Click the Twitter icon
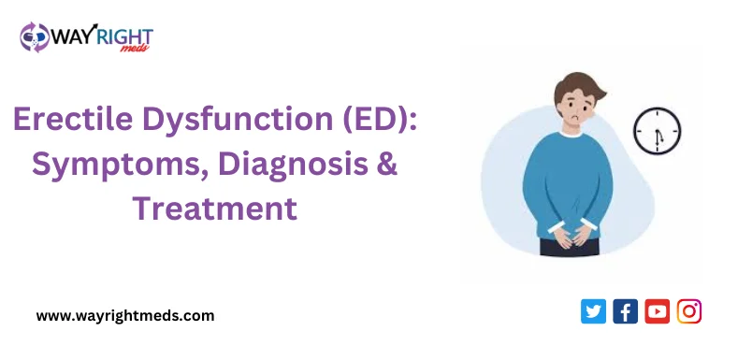tap(593, 311)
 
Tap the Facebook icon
tap(625, 311)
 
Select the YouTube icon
tap(657, 311)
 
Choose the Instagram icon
tap(689, 311)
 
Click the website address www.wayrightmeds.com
tap(125, 316)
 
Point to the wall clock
tap(657, 130)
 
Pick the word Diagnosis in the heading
tap(284, 165)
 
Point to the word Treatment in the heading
tap(214, 207)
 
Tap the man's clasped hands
tap(570, 236)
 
